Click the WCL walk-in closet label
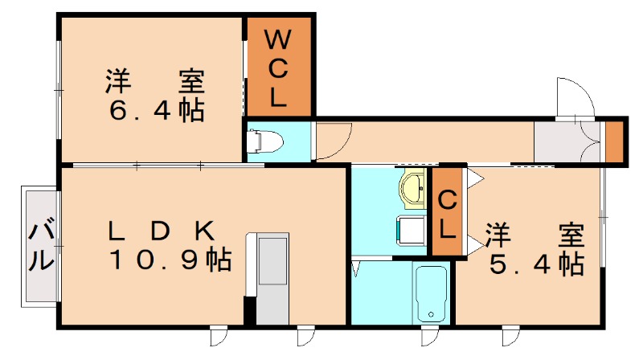278,67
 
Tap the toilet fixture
266,141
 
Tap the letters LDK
162,231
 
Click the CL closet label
448,213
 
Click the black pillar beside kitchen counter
249,309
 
